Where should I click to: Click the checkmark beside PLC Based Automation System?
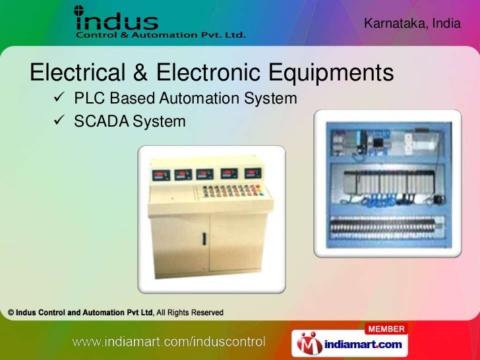point(57,99)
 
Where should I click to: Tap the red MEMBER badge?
point(386,328)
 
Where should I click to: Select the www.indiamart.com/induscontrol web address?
point(168,342)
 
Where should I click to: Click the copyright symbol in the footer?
point(11,313)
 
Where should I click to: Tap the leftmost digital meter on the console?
point(161,175)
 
